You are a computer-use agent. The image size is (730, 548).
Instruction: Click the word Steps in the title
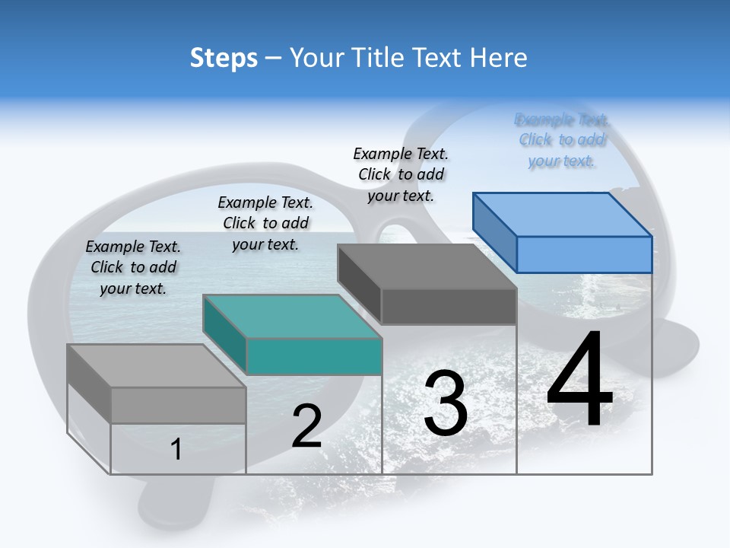[224, 58]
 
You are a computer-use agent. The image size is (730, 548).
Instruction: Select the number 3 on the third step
[446, 403]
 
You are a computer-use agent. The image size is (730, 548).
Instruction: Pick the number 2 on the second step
[307, 426]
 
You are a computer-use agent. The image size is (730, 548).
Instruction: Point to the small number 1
[176, 449]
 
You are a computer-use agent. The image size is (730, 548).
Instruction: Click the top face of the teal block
[293, 316]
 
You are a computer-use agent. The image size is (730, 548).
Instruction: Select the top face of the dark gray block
[427, 266]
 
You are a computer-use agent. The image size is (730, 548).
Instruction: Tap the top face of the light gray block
[156, 366]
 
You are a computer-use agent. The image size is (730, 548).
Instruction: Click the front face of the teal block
[314, 356]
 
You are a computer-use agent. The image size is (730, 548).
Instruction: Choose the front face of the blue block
[584, 254]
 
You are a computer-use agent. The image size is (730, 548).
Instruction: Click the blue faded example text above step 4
[562, 140]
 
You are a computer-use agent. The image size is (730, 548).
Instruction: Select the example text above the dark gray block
[401, 174]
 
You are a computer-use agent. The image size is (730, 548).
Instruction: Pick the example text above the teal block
[265, 223]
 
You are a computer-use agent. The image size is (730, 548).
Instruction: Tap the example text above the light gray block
[133, 267]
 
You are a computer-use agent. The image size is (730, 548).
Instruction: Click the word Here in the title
[500, 58]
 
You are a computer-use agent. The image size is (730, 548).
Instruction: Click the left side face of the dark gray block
[359, 283]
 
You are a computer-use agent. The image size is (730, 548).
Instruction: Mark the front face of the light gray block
[178, 405]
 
